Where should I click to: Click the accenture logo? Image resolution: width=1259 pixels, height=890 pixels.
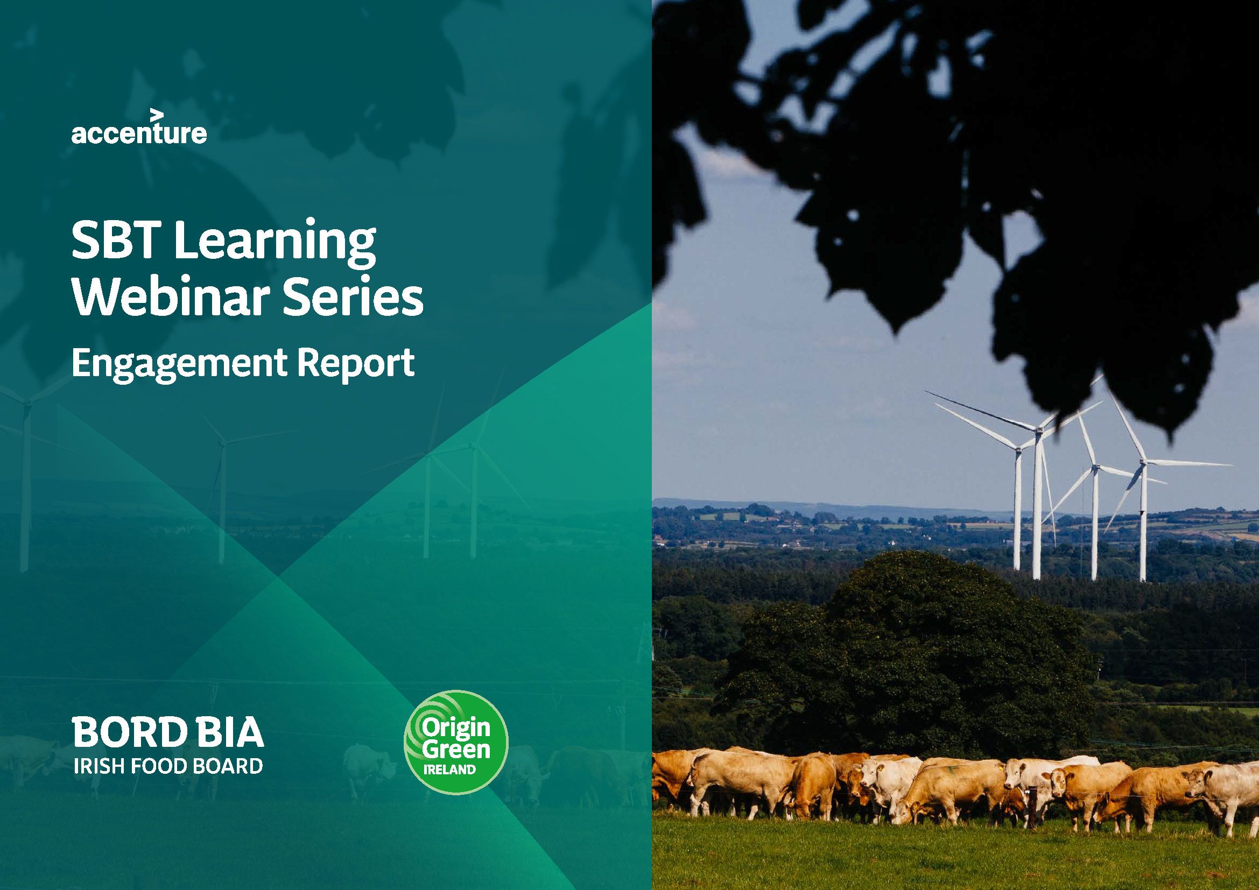click(x=139, y=129)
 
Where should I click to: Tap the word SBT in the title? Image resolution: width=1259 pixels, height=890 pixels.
click(x=116, y=241)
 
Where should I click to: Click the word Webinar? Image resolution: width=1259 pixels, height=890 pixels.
click(x=171, y=296)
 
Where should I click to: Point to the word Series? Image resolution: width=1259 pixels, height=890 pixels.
click(x=353, y=296)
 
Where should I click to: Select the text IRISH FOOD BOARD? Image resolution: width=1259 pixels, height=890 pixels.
click(x=168, y=766)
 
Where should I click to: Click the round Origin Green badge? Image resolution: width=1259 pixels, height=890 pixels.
click(x=456, y=742)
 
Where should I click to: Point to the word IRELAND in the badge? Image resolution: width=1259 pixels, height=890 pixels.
click(x=449, y=770)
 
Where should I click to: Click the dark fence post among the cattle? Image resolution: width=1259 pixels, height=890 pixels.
click(x=1033, y=809)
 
